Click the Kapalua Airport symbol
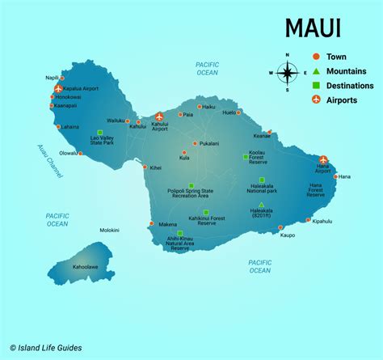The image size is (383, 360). [x=58, y=87]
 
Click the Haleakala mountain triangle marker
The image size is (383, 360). [x=261, y=204]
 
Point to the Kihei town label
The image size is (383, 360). [x=156, y=168]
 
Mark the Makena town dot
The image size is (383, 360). [x=151, y=224]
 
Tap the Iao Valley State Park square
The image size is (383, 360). [x=99, y=133]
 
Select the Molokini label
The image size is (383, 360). [x=86, y=231]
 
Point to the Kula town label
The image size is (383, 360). [x=185, y=159]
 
